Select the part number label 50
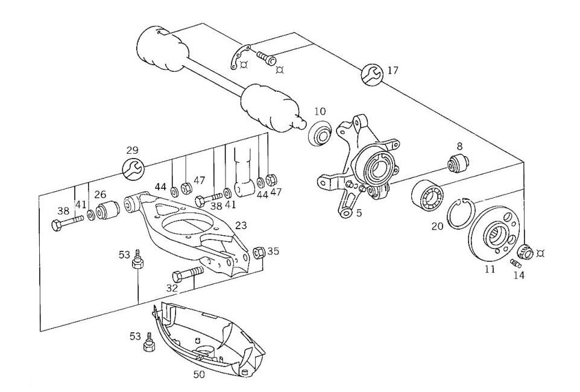click(199, 375)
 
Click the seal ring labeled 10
click(320, 133)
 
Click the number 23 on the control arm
click(241, 225)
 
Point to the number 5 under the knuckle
click(359, 212)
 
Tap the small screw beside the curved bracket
click(265, 59)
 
